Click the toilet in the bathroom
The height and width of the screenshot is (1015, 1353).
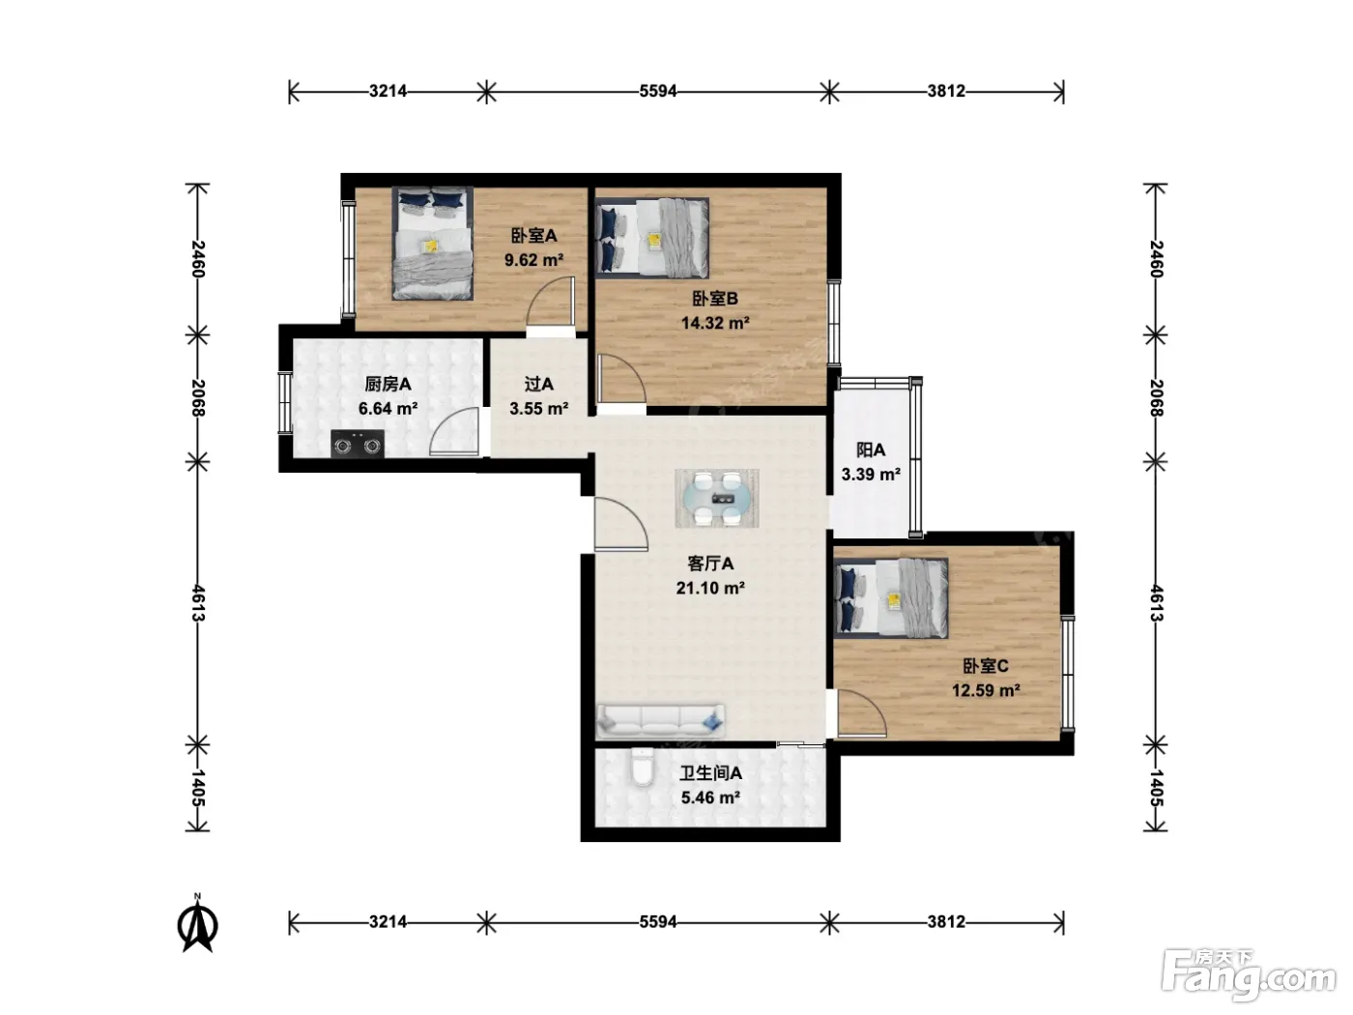coord(643,768)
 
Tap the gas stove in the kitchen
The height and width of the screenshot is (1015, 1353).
coord(358,444)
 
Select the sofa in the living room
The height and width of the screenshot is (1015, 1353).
coord(660,720)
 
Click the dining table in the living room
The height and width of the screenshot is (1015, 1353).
coord(717,499)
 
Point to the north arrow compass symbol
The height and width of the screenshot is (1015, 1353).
coord(197,923)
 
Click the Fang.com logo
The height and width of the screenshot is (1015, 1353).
coord(1249,976)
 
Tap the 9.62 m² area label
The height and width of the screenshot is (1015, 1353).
coord(533,260)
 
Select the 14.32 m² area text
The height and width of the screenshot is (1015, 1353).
coord(715,323)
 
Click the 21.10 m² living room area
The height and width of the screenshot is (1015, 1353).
coord(710,588)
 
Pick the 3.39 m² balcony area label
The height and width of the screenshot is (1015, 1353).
coord(871,475)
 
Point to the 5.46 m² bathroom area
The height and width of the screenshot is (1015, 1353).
coord(710,797)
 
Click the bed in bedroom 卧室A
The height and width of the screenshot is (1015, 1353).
coord(433,244)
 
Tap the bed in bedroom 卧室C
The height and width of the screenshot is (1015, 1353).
coord(891,597)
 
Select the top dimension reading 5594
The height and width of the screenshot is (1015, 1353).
coord(658,91)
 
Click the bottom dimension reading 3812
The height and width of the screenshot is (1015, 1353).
coord(946,922)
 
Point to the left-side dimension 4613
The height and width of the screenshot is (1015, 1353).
coord(198,603)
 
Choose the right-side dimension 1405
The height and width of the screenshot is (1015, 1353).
coord(1156,788)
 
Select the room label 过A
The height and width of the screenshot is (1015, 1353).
coord(538,385)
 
